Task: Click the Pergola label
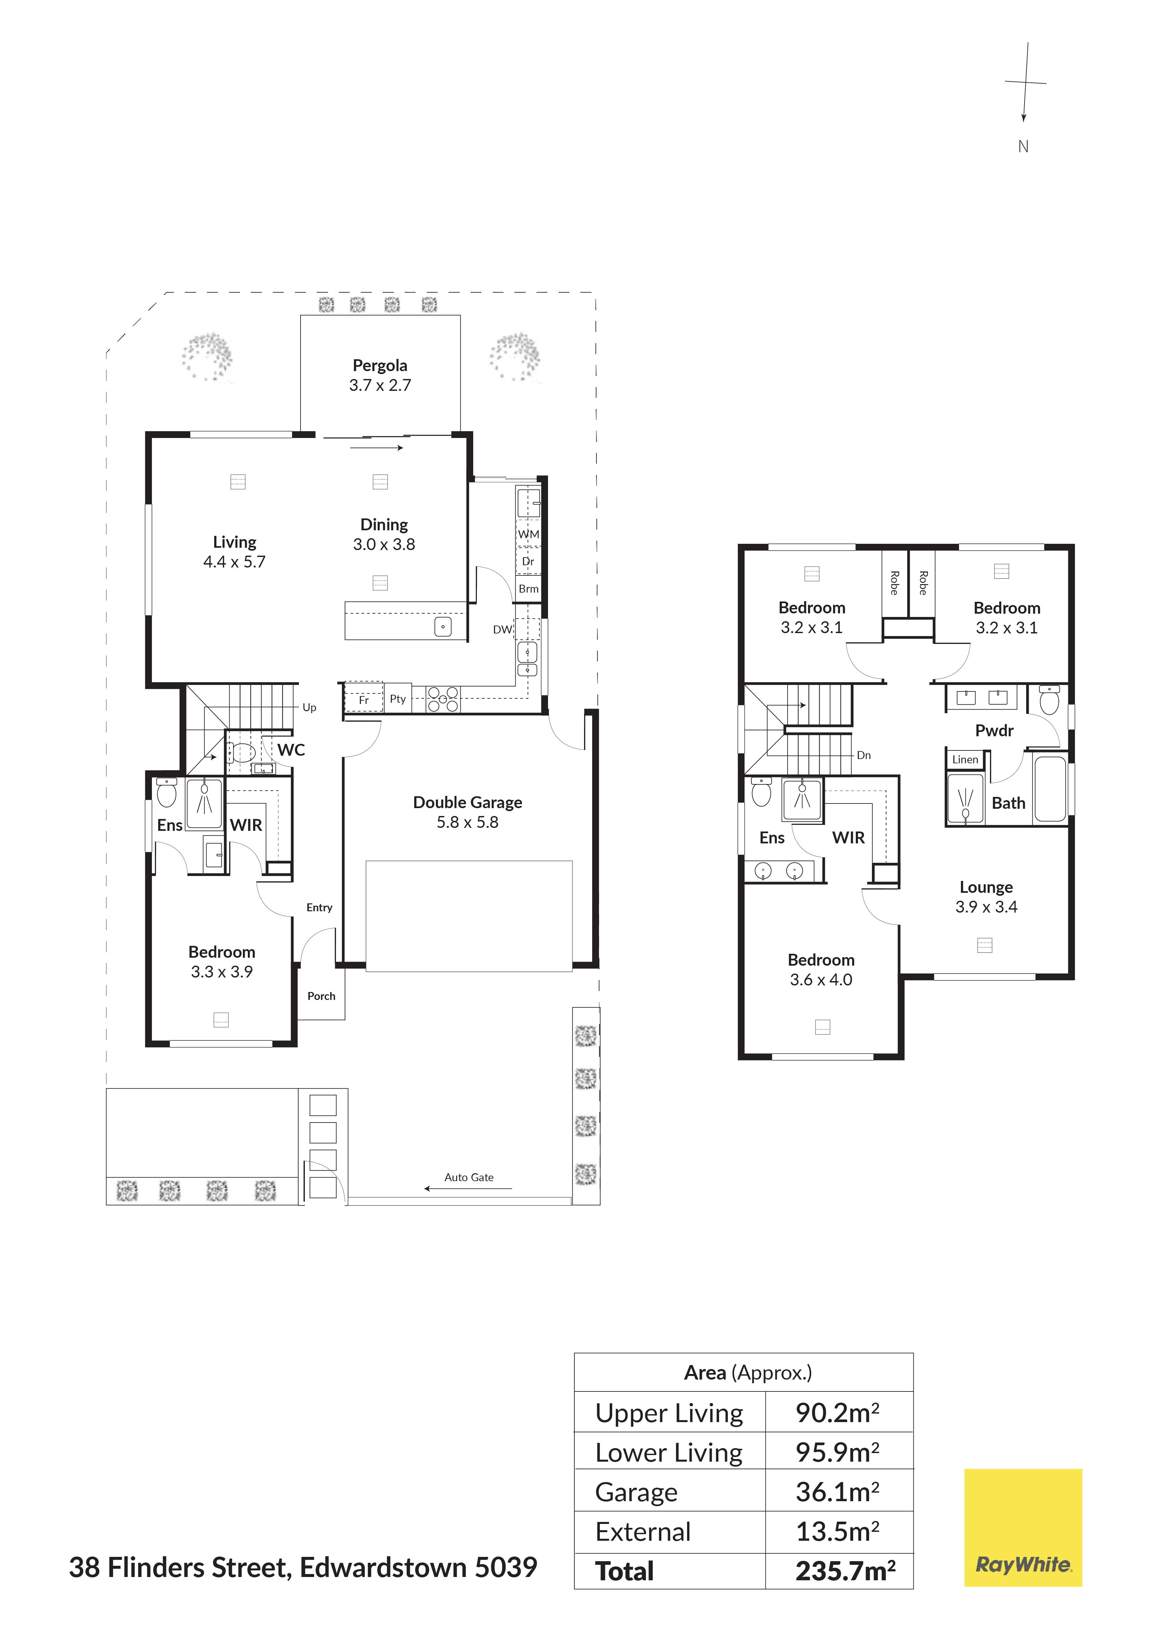coord(380,365)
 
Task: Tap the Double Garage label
coord(468,803)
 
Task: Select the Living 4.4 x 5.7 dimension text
coord(234,562)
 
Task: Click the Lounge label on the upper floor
coord(986,887)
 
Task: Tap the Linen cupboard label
coord(965,760)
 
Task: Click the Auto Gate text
coord(469,1178)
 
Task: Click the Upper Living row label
coord(669,1414)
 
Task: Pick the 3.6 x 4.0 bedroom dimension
coord(821,980)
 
